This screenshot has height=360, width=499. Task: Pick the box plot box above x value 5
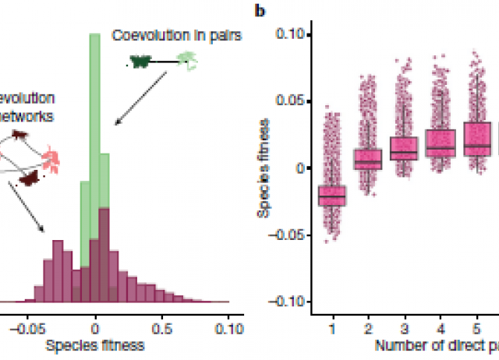476,139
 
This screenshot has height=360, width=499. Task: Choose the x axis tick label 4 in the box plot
440,327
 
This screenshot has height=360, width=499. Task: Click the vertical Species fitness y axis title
267,168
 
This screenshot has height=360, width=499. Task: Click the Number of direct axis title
437,344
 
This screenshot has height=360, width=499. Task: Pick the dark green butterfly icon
143,60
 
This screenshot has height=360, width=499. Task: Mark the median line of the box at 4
440,147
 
